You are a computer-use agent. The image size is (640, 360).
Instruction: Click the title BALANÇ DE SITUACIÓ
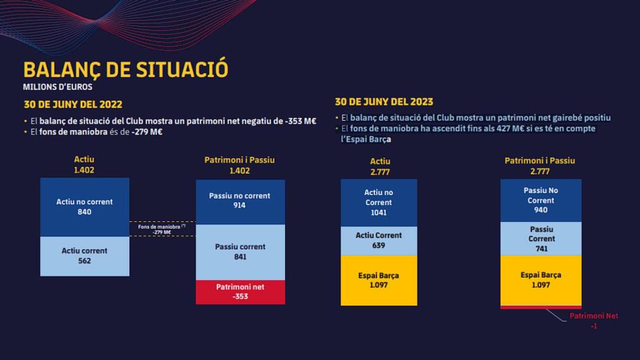pyautogui.click(x=126, y=69)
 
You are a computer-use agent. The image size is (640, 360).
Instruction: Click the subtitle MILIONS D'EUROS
pyautogui.click(x=57, y=87)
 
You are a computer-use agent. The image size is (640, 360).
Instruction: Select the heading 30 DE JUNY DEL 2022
pyautogui.click(x=73, y=104)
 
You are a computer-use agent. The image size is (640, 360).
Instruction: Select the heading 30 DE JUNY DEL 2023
pyautogui.click(x=384, y=102)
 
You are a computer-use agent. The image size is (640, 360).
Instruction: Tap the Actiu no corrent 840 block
pyautogui.click(x=84, y=207)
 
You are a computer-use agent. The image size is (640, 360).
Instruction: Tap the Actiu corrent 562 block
pyautogui.click(x=84, y=256)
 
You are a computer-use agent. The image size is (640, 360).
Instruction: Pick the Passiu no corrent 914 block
pyautogui.click(x=240, y=201)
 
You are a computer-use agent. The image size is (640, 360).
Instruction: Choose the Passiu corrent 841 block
pyautogui.click(x=240, y=251)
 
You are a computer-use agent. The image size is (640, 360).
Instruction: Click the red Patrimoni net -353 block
pyautogui.click(x=240, y=292)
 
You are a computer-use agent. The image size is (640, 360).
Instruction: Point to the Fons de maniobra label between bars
pyautogui.click(x=162, y=229)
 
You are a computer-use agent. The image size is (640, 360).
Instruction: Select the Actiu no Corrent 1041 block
pyautogui.click(x=379, y=202)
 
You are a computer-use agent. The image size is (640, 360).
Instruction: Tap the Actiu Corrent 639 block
pyautogui.click(x=379, y=241)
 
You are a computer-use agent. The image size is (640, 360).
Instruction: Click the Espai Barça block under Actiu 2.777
pyautogui.click(x=379, y=280)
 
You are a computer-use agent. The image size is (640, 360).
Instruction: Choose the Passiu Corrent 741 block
pyautogui.click(x=541, y=239)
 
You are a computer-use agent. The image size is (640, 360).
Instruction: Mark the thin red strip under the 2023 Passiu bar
pyautogui.click(x=541, y=307)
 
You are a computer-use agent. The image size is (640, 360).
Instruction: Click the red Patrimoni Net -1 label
pyautogui.click(x=594, y=321)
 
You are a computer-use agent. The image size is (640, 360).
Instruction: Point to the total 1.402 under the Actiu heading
pyautogui.click(x=84, y=170)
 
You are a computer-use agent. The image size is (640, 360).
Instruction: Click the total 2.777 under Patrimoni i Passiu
pyautogui.click(x=540, y=171)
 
